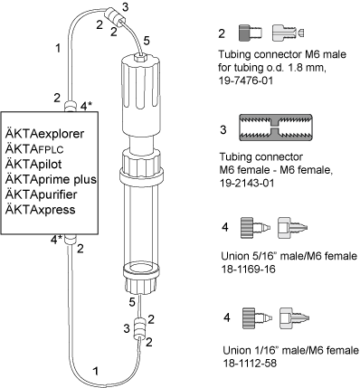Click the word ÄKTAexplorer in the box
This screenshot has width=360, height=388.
44,134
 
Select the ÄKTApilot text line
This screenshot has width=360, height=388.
33,164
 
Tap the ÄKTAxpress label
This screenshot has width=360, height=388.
40,209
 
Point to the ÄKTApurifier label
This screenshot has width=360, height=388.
41,194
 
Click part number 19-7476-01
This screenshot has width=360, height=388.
245,81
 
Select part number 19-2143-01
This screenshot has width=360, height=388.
247,183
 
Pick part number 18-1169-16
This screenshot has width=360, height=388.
248,269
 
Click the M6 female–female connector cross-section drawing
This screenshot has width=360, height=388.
276,128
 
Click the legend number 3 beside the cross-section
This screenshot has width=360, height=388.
223,130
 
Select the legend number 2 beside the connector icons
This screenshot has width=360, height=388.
222,33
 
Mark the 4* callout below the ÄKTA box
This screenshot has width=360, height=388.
57,240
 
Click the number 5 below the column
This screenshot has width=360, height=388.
132,302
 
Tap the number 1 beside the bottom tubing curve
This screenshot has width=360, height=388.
96,371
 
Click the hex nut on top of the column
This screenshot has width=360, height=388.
139,57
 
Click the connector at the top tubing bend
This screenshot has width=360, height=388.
114,17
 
